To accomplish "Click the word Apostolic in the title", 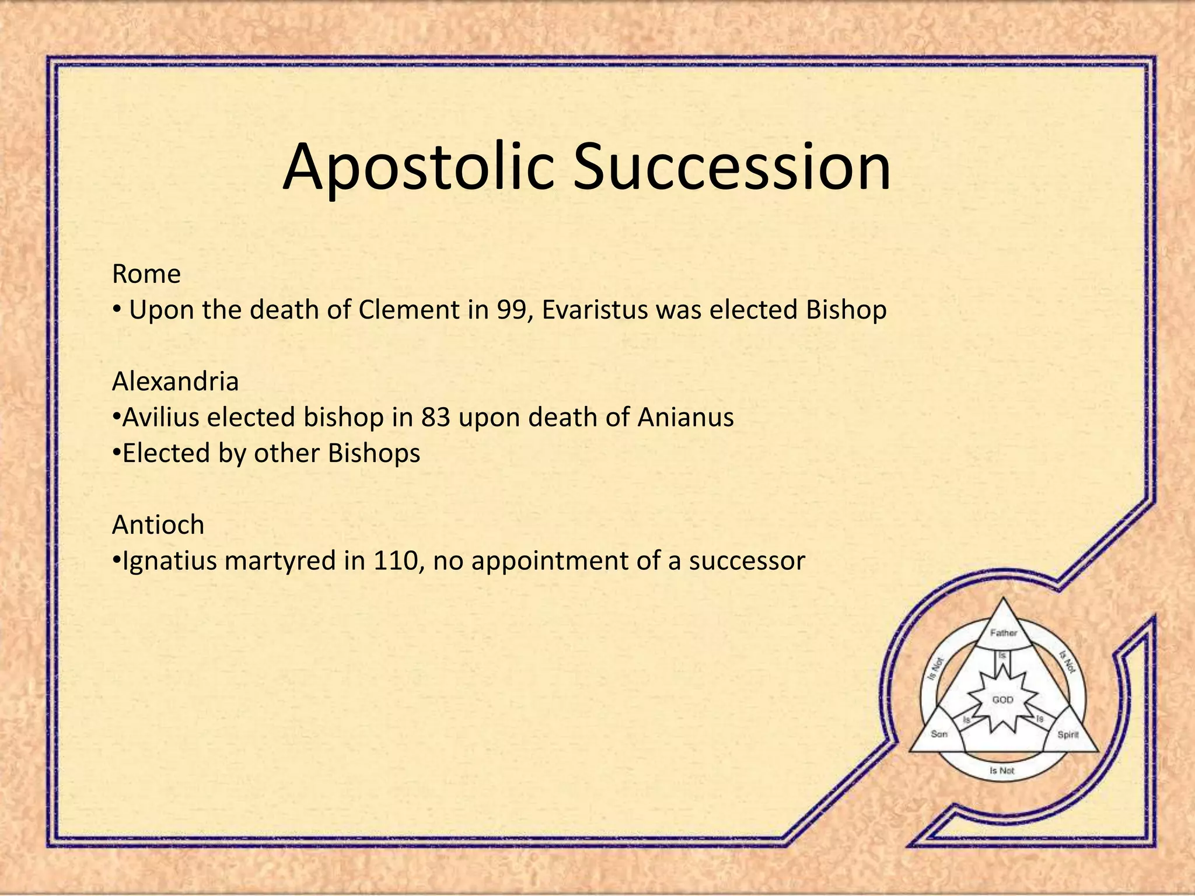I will coord(418,167).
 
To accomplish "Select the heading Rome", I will coord(146,274).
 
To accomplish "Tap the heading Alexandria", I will coord(175,381).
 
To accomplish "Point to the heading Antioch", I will coord(158,525).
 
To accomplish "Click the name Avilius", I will coord(161,418).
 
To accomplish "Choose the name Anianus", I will coord(686,418).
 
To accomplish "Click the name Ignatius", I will coord(170,561).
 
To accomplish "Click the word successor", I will coord(747,561).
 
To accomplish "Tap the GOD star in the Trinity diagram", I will coord(1003,699).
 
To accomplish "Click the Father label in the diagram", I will coord(1004,633).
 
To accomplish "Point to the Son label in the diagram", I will coord(939,734).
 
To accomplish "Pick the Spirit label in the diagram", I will coord(1068,734).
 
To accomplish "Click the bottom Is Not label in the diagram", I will coord(1002,771).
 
